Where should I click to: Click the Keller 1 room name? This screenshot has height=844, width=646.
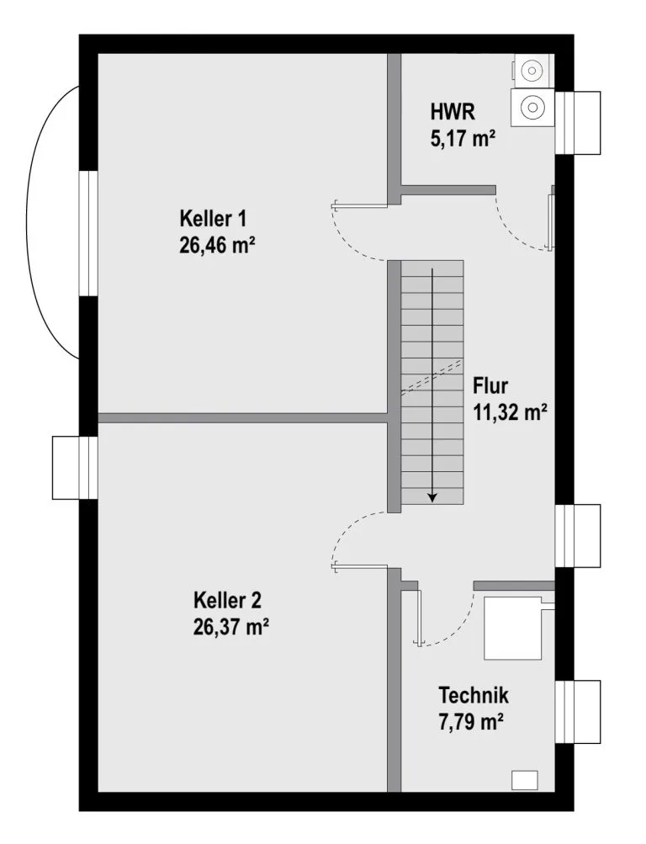pos(213,219)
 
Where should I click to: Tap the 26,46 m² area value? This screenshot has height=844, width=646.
pos(217,246)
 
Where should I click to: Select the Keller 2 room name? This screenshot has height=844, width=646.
pos(227,601)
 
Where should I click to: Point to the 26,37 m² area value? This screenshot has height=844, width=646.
pos(230,627)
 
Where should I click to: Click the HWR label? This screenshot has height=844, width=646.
pos(453,112)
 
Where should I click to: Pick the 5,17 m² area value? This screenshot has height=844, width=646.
pos(463,138)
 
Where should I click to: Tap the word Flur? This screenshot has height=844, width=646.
pos(490,386)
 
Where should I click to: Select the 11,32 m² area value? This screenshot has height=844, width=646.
pos(510,412)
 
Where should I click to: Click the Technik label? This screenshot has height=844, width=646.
pos(474,695)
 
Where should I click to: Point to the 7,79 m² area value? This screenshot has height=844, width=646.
pos(471,722)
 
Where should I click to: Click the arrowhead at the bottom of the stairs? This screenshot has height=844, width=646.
pos(432,497)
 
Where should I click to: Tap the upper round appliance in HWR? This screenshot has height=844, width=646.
pos(532,71)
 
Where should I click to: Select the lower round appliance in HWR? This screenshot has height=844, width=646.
pos(532,107)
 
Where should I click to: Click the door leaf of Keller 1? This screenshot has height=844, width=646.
pos(360,204)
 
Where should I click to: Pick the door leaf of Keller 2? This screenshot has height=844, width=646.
pos(360,566)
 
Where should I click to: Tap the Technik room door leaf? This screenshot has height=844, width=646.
pos(419,617)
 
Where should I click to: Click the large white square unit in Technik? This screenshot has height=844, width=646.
pos(513,628)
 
